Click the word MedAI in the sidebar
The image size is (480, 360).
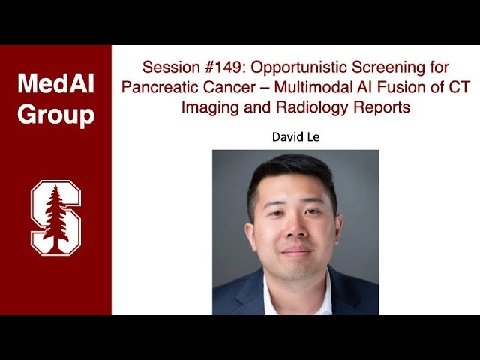coord(55,84)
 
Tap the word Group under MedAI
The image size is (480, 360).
coord(55,115)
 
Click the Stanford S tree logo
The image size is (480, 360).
coord(55,217)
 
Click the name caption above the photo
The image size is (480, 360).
coord(295,138)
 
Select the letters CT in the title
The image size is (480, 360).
coord(460,87)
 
